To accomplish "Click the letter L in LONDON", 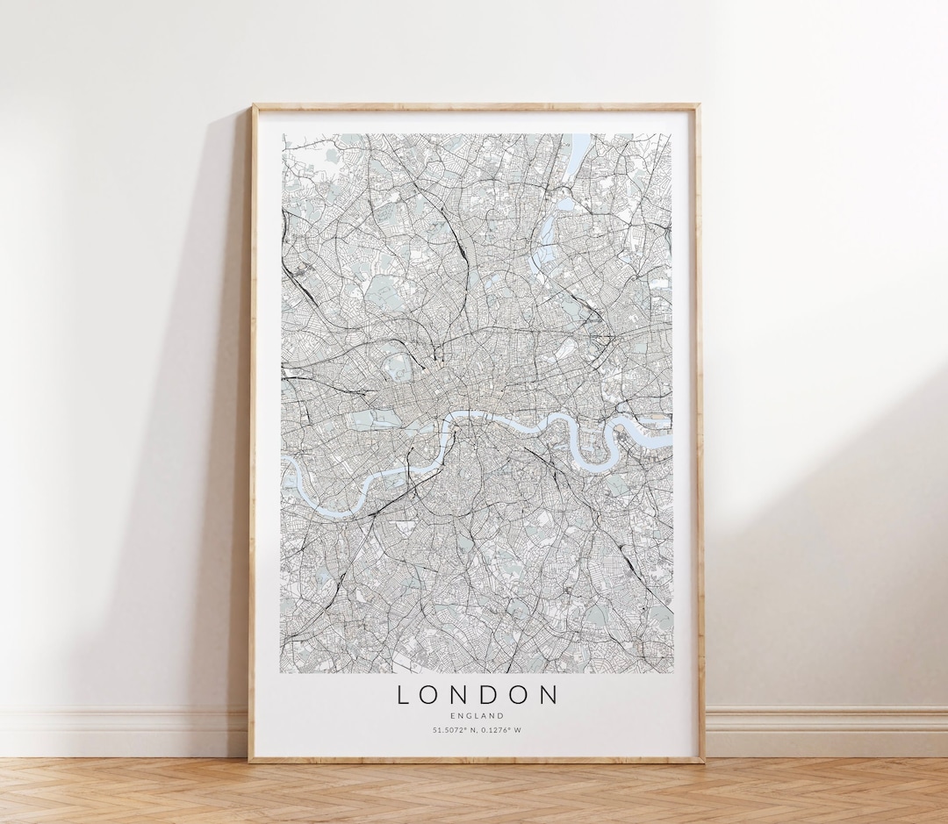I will click(404, 695).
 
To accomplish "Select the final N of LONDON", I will click(549, 695).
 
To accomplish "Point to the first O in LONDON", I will click(430, 695).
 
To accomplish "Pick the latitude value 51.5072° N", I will click(455, 730).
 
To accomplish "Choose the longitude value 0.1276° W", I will click(500, 730).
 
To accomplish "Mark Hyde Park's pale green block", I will click(377, 419).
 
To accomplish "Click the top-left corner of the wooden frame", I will click(254, 106).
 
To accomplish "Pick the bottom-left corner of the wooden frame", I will click(252, 759).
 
